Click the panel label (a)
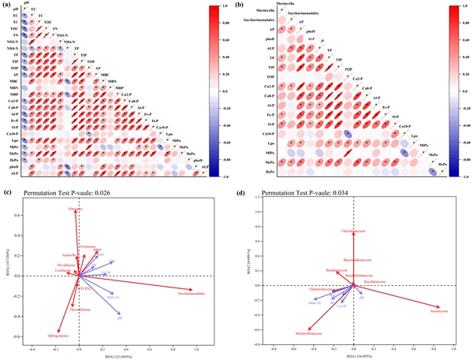6,6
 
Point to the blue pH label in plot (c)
120,317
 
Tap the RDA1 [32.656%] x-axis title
118,357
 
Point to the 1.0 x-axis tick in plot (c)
196,347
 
